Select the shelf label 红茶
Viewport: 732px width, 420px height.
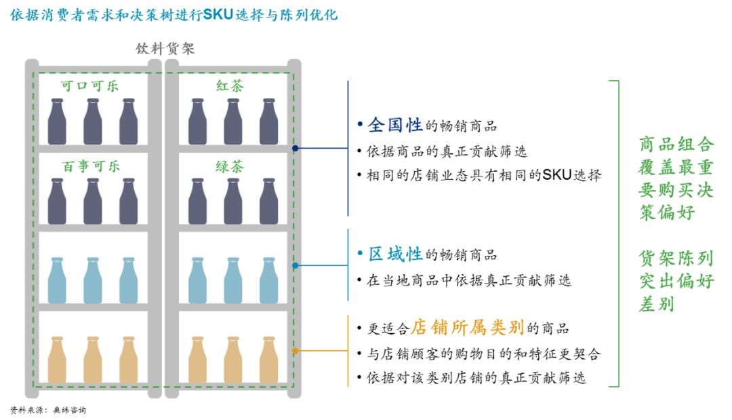[230, 87]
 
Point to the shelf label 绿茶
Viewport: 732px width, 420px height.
[230, 166]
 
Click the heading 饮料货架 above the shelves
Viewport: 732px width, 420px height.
[165, 49]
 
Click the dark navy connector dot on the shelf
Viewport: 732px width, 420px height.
[295, 148]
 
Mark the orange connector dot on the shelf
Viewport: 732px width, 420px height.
[295, 350]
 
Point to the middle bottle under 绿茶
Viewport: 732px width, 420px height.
[232, 202]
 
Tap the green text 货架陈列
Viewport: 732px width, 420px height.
[676, 259]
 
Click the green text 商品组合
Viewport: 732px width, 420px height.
[676, 144]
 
